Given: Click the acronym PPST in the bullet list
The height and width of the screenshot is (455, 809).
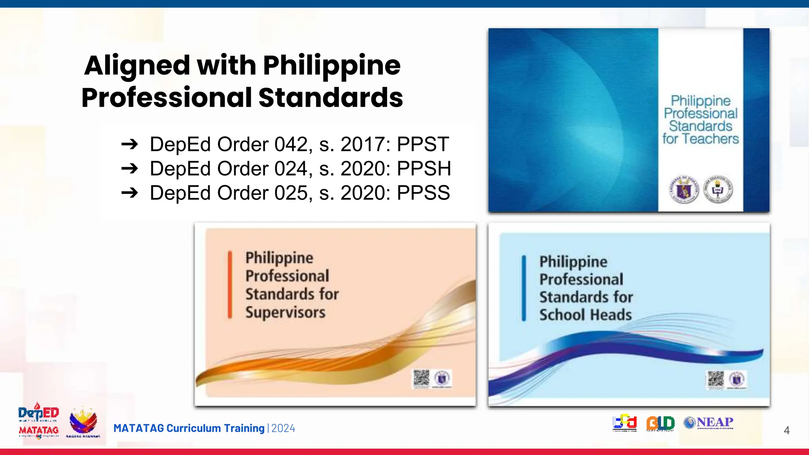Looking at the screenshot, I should point(423,144).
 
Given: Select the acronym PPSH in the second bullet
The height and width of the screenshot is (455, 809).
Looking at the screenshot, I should point(423,169).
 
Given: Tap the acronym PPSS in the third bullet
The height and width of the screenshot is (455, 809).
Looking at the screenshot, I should point(423,193).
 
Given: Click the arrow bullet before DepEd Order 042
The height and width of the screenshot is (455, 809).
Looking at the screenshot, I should point(130,144).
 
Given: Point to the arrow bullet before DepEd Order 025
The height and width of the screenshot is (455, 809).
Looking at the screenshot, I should point(130,193).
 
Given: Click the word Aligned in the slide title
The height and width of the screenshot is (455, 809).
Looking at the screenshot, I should point(137,65).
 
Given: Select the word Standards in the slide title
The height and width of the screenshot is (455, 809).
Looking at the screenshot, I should point(331,98).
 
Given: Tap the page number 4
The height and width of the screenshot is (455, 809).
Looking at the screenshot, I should point(786,430).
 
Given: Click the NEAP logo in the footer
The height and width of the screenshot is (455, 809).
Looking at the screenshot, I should point(708,423).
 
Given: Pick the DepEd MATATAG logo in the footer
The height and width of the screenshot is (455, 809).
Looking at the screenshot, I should point(38,421).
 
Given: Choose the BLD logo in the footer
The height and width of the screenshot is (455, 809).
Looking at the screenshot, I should point(660,423).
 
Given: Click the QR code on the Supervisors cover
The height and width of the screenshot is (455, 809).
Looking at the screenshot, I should point(421,378).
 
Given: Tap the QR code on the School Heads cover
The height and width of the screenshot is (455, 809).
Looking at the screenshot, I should point(715,379).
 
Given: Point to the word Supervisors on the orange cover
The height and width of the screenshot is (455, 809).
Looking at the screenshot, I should point(285,312).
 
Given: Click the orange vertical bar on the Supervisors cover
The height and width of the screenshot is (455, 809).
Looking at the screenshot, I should point(230,284).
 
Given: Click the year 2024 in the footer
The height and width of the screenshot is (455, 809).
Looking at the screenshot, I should point(283,429).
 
